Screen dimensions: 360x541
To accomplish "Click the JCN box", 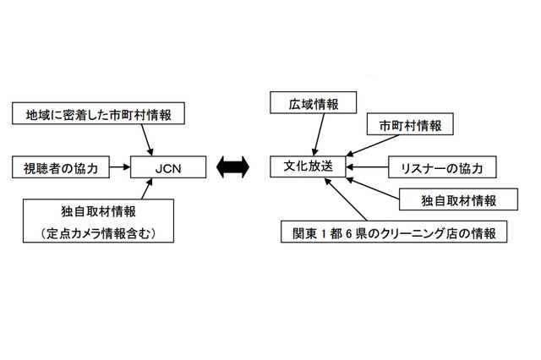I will click(169, 168).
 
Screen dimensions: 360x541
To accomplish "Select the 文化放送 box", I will click(308, 167).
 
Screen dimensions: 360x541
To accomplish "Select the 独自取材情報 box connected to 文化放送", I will click(459, 200).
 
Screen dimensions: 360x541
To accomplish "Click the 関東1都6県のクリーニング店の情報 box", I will click(394, 232).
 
